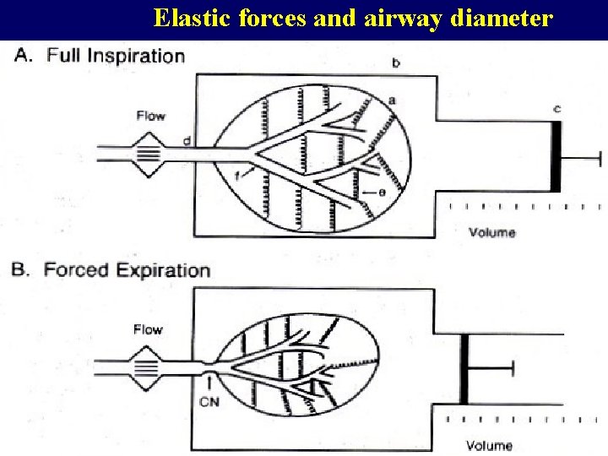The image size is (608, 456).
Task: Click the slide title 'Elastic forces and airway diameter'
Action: point(354,19)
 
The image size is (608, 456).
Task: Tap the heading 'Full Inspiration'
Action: point(116,57)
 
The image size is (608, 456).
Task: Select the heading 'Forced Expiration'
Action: point(127,270)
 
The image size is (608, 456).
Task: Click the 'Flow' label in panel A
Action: point(150,116)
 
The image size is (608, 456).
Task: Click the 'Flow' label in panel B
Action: point(148,329)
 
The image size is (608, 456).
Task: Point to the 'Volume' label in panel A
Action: point(491,231)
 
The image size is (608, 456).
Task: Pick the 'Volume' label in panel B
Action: point(489,445)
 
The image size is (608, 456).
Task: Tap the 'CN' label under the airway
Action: point(209,402)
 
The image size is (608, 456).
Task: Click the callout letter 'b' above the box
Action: point(397,63)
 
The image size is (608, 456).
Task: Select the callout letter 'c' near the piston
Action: point(557,108)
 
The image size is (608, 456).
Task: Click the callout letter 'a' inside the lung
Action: point(392,100)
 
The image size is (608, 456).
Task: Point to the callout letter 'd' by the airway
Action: point(186,139)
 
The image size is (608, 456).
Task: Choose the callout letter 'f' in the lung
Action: point(237,175)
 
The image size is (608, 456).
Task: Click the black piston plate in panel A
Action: point(556,156)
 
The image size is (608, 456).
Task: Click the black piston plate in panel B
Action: point(464,369)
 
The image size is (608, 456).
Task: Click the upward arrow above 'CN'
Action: point(209,384)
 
